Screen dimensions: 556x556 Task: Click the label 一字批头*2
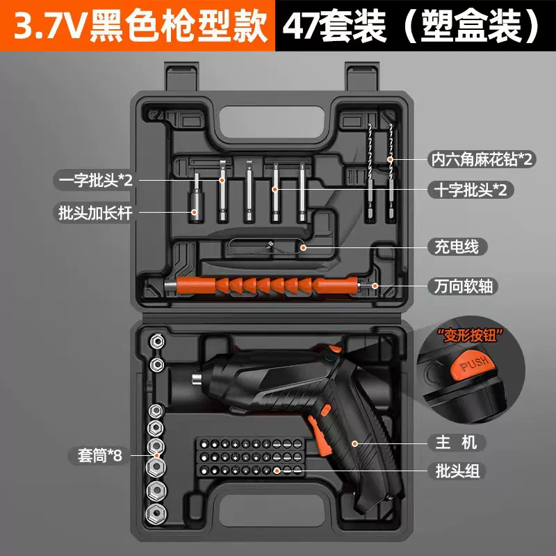click(95, 181)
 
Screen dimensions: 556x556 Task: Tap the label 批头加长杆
click(95, 213)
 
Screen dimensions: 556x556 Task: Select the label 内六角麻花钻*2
click(480, 159)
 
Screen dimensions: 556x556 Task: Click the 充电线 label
click(452, 246)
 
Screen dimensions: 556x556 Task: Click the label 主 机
click(451, 443)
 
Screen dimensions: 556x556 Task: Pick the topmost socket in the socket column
click(158, 341)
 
